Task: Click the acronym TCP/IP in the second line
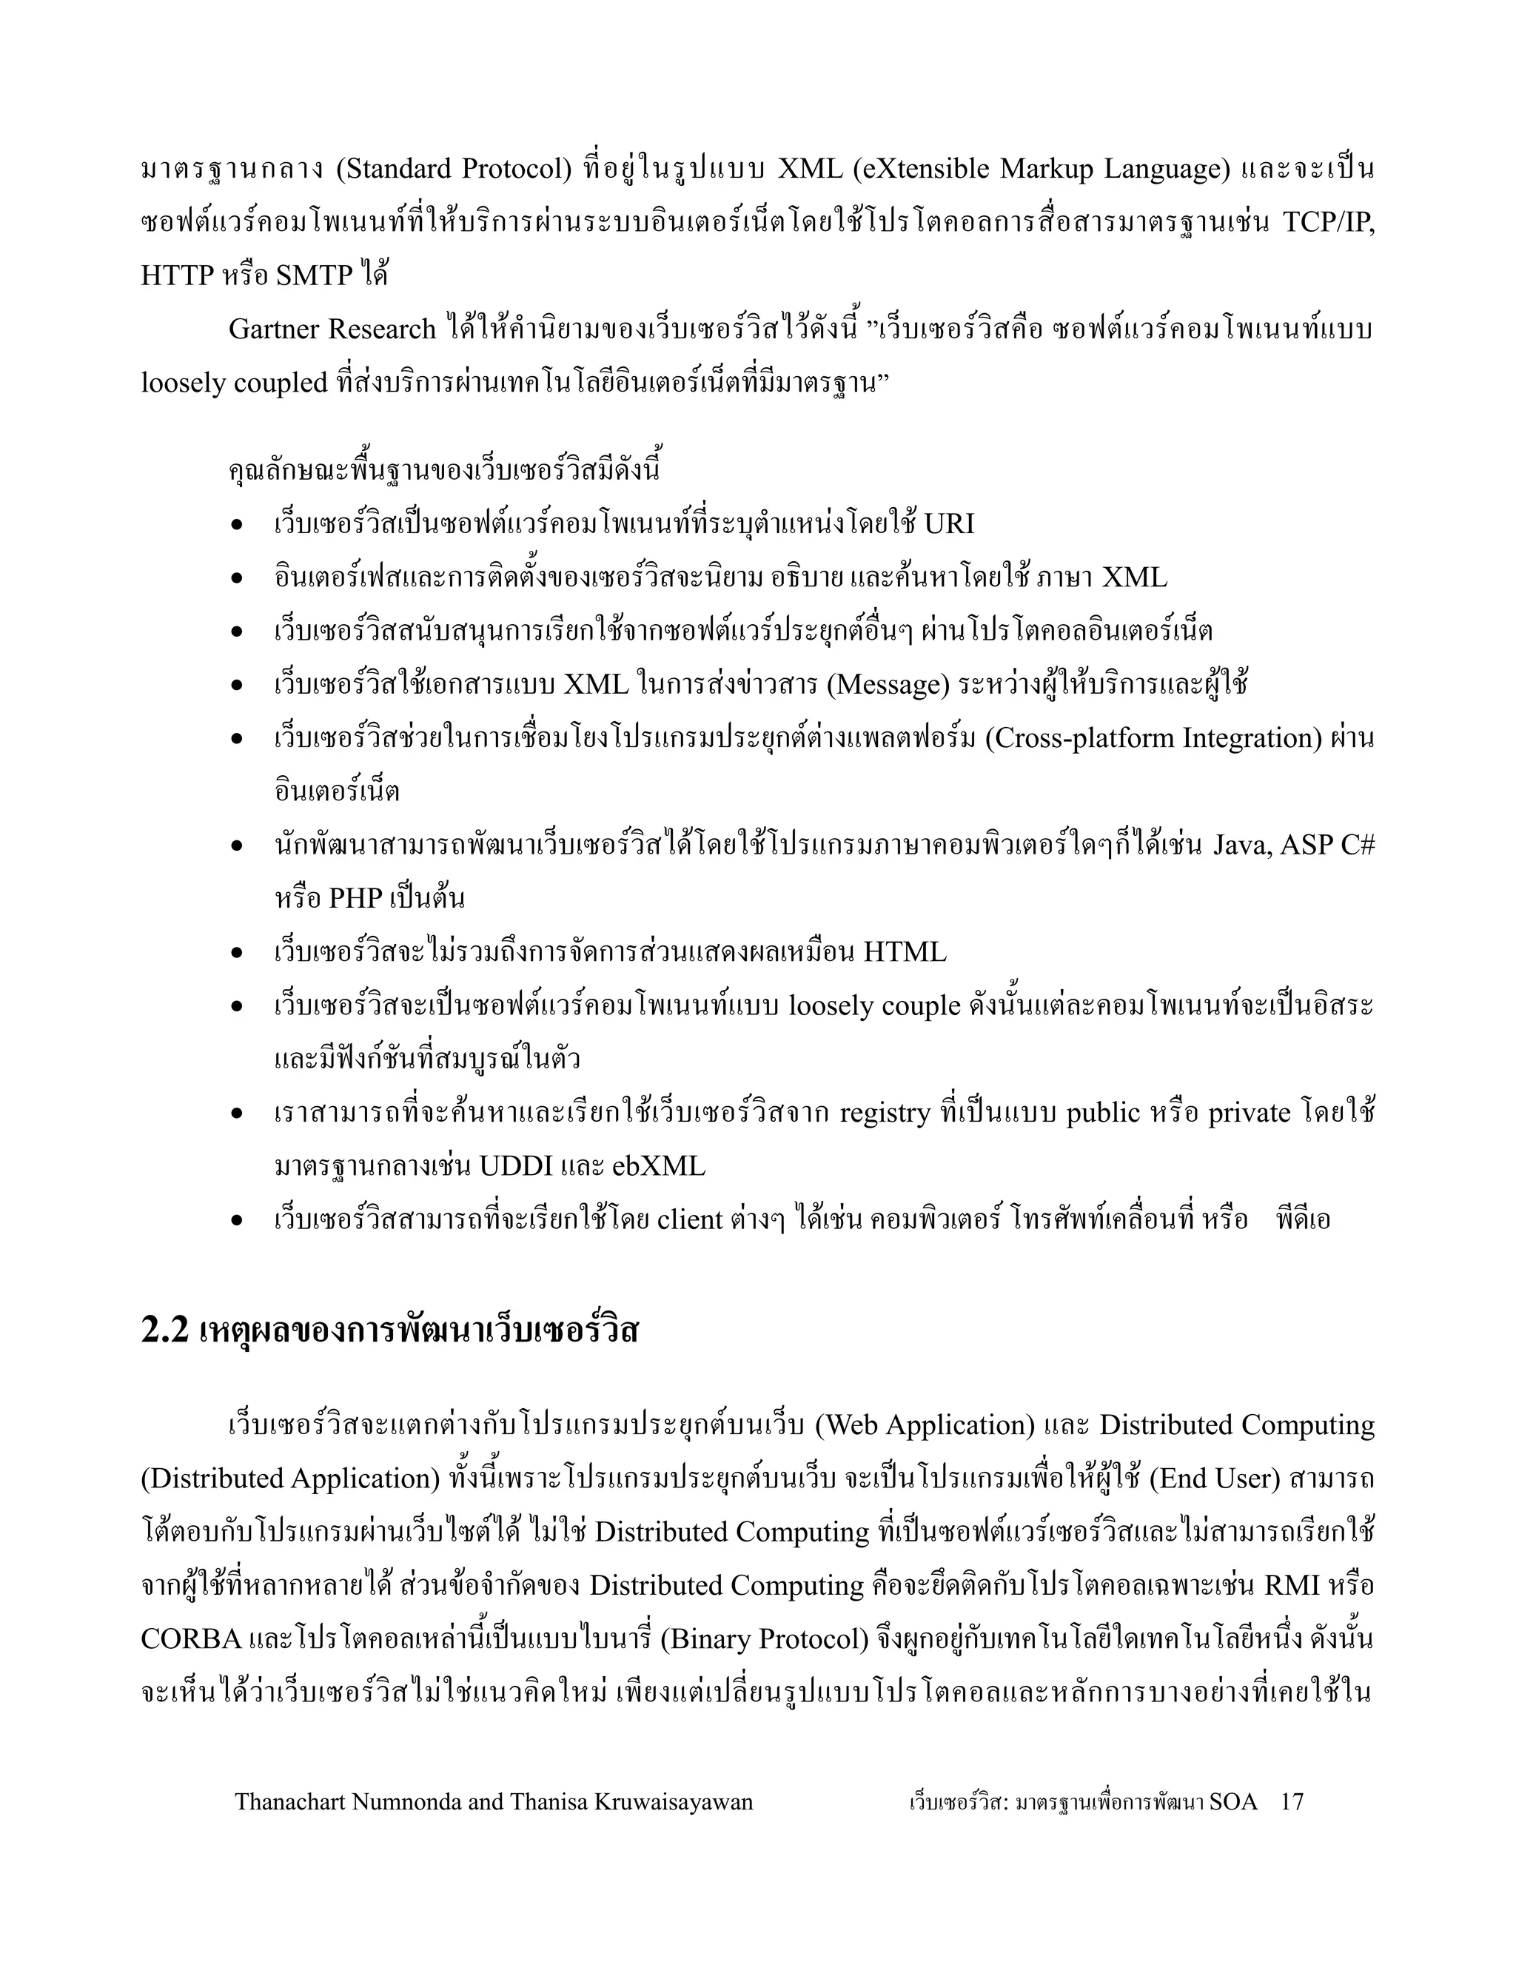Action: click(1328, 222)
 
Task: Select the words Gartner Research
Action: click(332, 329)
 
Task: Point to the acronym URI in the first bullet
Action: click(948, 523)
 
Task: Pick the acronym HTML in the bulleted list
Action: click(905, 952)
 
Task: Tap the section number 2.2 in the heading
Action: click(164, 1330)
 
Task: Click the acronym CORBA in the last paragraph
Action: click(191, 1639)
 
